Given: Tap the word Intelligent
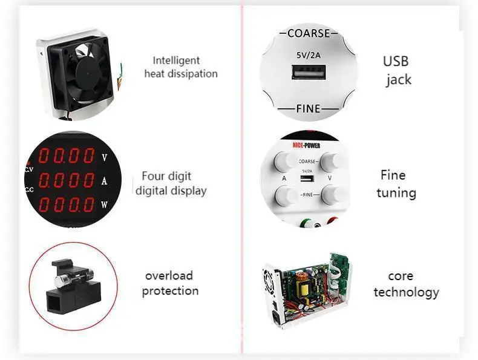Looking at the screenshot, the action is [x=176, y=61].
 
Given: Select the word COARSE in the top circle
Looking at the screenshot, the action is [x=309, y=33].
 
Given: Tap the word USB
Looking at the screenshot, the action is [x=396, y=61].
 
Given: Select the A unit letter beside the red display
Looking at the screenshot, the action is [x=104, y=181].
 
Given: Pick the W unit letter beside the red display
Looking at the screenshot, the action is [x=104, y=205].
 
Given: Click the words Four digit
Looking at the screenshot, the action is [x=166, y=177].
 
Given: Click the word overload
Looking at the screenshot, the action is [x=169, y=276].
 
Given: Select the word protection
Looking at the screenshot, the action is [x=170, y=291].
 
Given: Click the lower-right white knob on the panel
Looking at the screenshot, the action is [x=332, y=195].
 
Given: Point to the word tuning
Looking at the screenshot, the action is [x=396, y=193].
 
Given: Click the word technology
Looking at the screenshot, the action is [x=406, y=292].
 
